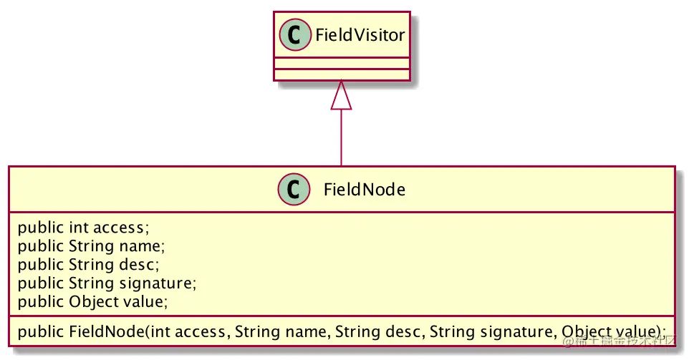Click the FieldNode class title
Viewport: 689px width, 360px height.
pos(365,190)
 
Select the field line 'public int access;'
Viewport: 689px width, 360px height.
pos(83,228)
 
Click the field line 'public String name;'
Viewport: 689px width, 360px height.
pos(91,246)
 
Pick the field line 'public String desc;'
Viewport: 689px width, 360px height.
pos(88,265)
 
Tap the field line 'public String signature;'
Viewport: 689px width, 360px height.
pos(107,283)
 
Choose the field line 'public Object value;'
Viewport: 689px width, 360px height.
pos(93,302)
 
